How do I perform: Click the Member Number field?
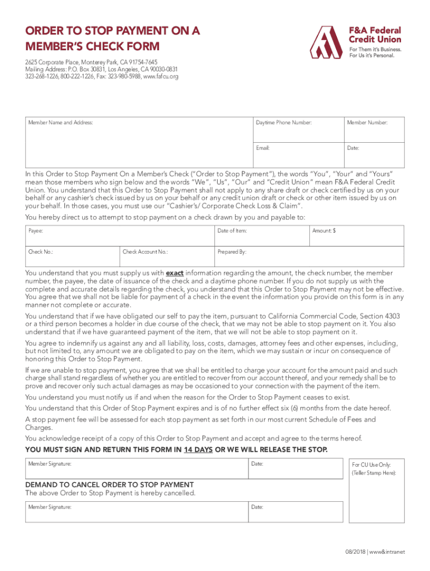coord(372,129)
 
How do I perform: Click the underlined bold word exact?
coord(175,273)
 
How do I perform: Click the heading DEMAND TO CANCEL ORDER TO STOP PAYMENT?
coord(109,485)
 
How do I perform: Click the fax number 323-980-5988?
coord(124,76)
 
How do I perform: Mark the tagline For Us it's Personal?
coord(372,55)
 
